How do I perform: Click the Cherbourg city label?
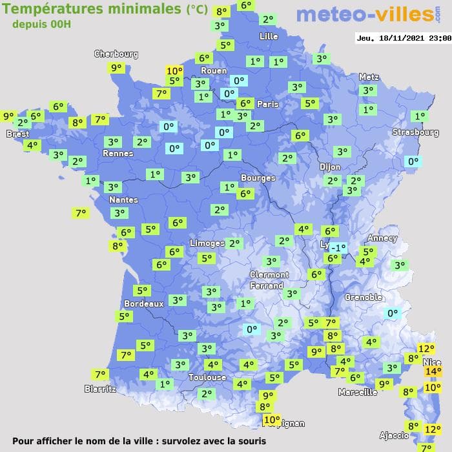point(116,54)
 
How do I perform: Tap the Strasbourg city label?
point(415,132)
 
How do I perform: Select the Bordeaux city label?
point(143,303)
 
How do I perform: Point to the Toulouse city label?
point(207,377)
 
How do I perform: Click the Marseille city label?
point(357,392)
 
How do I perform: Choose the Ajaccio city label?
point(393,435)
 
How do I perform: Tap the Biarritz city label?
point(100,389)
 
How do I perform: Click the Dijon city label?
point(329,167)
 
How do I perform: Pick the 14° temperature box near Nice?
point(433,371)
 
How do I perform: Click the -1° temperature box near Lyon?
point(338,247)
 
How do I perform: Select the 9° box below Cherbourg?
point(116,68)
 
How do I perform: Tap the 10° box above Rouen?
point(174,71)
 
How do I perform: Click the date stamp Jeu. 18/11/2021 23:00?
point(404,38)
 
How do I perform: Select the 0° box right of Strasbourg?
point(412,161)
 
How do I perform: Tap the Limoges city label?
point(207,243)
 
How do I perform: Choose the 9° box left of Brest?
point(8,116)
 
